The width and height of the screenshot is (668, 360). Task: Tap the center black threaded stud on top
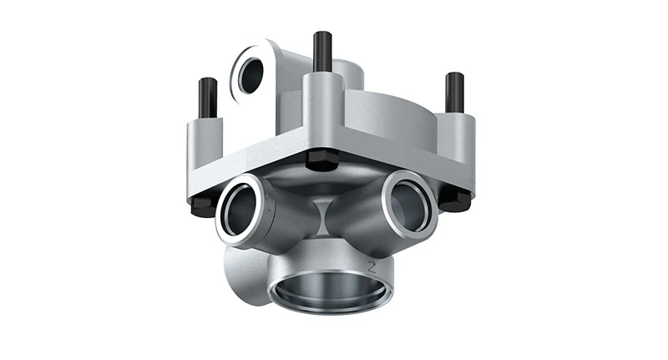[322, 51]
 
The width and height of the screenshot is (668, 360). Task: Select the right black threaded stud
[454, 92]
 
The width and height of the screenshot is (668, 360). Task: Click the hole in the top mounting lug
[250, 75]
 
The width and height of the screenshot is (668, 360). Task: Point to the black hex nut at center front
[321, 160]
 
